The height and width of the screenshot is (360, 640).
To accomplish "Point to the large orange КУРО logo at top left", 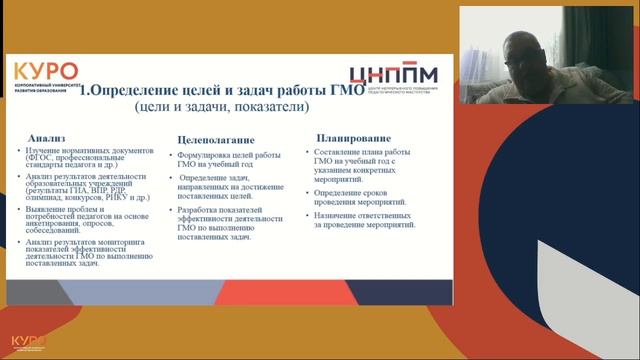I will tap(45, 72).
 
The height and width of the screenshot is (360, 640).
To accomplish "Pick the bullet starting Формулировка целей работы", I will tap(226, 161).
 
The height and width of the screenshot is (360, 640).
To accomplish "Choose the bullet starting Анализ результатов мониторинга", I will tap(86, 253).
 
